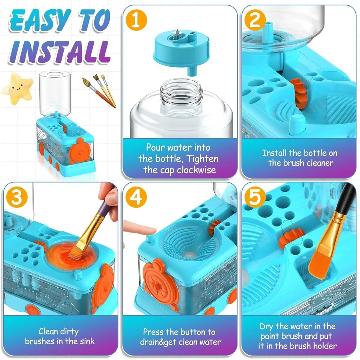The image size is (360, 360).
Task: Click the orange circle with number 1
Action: [x=136, y=20]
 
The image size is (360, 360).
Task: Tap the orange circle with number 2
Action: [x=255, y=20]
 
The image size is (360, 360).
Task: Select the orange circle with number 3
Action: [x=17, y=197]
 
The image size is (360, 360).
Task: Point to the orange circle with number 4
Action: [x=136, y=197]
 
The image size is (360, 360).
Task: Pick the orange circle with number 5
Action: [x=255, y=197]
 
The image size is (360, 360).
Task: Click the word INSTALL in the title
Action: [x=60, y=52]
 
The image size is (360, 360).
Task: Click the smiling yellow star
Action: [x=17, y=89]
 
